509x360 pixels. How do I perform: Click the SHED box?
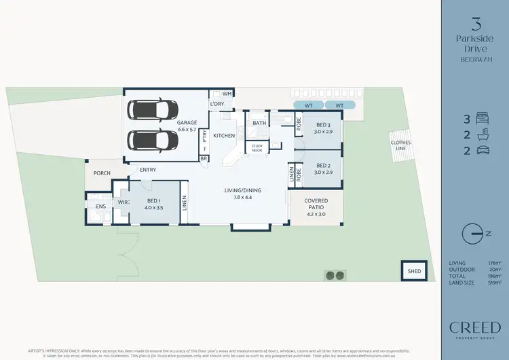413,271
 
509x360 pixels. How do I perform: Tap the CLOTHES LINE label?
400,145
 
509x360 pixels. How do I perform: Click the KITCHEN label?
224,136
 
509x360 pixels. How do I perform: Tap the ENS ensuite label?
100,205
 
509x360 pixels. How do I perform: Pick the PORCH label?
102,173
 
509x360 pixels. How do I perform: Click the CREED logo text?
474,327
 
